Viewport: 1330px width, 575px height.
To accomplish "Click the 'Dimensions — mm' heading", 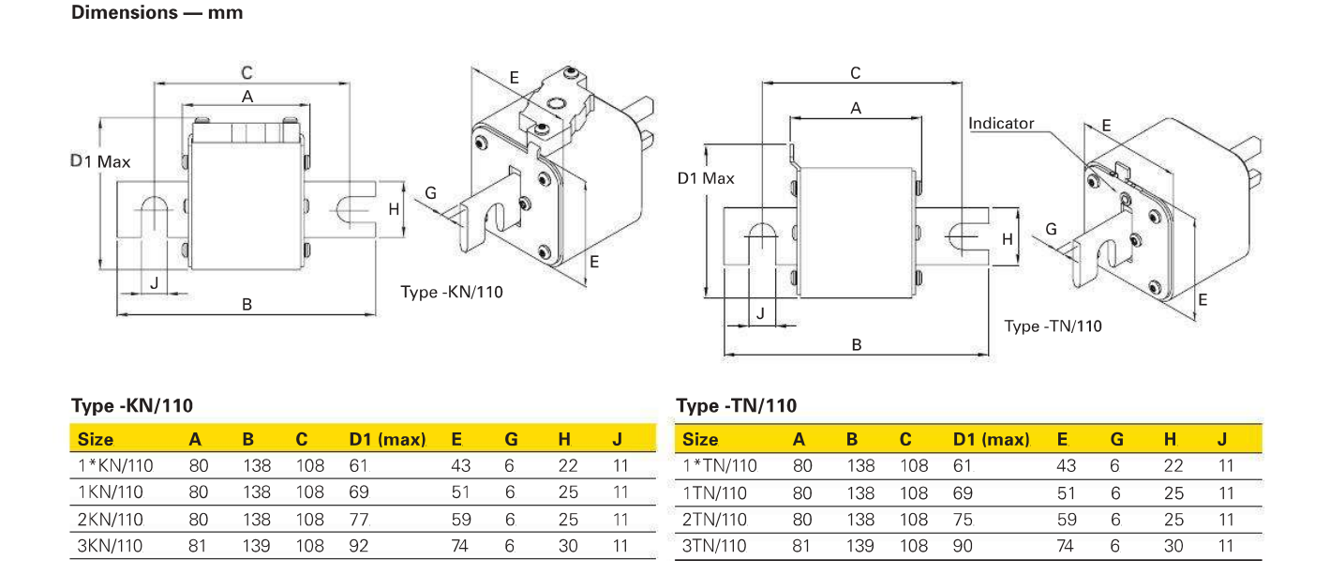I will pyautogui.click(x=157, y=13).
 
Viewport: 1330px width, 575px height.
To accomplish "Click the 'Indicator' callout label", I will pyautogui.click(x=1001, y=124).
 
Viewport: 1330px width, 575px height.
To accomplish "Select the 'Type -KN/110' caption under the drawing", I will pyautogui.click(x=452, y=292).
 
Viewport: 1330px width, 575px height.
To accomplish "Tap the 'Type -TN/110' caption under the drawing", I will pyautogui.click(x=1053, y=326).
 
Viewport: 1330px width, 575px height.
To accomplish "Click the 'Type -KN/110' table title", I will pyautogui.click(x=132, y=406).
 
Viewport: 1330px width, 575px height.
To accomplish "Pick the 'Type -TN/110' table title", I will pyautogui.click(x=736, y=406).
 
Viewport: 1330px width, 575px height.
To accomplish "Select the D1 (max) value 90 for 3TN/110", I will pyautogui.click(x=964, y=546).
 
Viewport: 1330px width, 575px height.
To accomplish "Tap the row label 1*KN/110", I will pyautogui.click(x=115, y=465).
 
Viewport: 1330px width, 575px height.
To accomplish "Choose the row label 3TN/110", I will pyautogui.click(x=715, y=546).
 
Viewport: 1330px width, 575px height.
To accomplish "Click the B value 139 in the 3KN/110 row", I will pyautogui.click(x=256, y=546).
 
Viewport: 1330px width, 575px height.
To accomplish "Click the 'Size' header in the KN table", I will pyautogui.click(x=96, y=439).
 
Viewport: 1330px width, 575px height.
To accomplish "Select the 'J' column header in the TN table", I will pyautogui.click(x=1222, y=439).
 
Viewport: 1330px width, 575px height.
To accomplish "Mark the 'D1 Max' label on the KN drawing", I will pyautogui.click(x=101, y=161).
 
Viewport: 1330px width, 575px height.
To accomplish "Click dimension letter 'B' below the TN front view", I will pyautogui.click(x=857, y=344).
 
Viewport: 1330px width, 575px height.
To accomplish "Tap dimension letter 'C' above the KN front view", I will pyautogui.click(x=247, y=72).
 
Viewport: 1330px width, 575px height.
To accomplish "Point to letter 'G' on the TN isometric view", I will pyautogui.click(x=1051, y=229).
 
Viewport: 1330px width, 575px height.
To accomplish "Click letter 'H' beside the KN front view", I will pyautogui.click(x=395, y=208).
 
